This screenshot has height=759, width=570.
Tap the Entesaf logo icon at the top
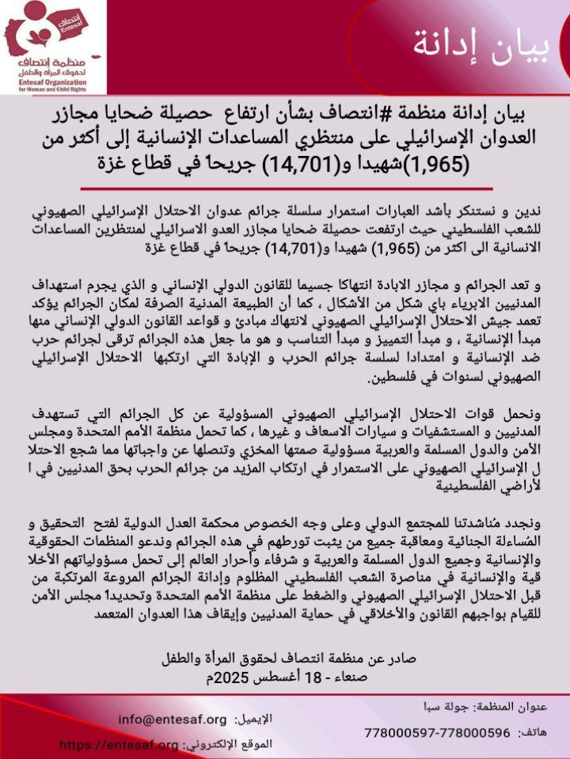(47, 28)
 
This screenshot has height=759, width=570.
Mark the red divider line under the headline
(285, 188)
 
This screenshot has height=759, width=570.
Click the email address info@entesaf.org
(173, 719)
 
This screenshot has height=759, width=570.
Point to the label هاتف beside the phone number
(544, 734)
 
